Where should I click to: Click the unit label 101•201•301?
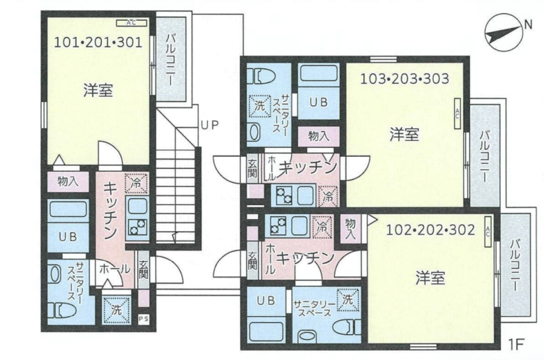98,42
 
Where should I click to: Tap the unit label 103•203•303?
404,78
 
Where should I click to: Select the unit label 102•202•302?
430,229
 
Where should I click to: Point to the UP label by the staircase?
209,126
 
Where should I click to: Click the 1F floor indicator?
515,344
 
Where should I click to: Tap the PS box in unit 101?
144,319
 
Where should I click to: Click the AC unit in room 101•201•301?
132,22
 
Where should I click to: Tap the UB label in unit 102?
265,301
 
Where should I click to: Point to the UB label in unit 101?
68,236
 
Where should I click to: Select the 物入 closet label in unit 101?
68,181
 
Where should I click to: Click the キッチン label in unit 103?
308,167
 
